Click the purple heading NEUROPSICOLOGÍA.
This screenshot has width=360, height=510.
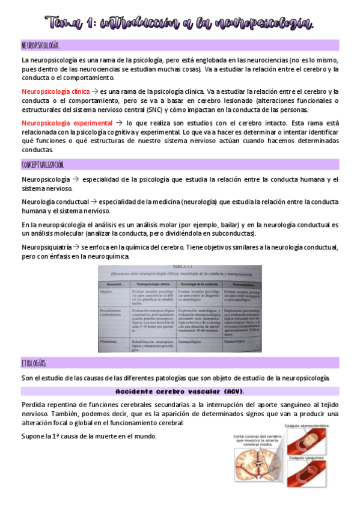(40, 45)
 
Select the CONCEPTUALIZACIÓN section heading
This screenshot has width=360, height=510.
(43, 164)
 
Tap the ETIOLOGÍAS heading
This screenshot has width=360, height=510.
(34, 363)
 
